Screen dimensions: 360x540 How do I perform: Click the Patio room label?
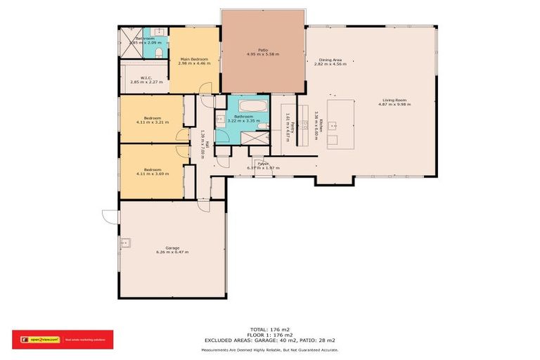263,50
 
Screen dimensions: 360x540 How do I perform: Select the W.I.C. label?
146,78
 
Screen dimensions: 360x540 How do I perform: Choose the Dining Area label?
330,60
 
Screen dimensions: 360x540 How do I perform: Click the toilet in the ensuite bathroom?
160,52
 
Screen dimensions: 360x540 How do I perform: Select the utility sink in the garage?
127,244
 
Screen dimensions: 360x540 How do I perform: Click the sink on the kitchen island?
335,127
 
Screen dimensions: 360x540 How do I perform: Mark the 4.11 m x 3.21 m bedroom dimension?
153,122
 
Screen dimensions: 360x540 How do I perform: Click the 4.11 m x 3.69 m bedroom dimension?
153,174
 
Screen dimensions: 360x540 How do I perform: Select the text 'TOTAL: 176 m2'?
270,329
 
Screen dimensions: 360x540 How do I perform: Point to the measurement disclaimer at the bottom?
270,349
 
